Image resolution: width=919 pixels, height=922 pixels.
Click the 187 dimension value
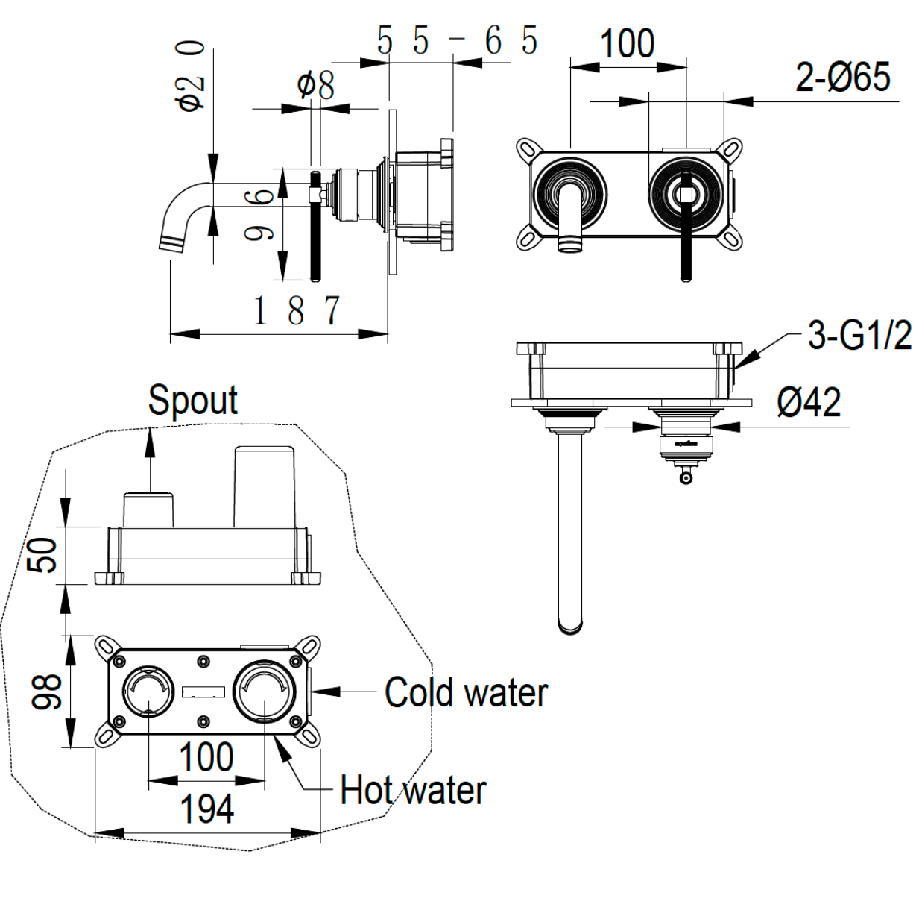pyautogui.click(x=296, y=310)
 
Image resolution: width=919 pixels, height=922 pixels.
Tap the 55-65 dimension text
pyautogui.click(x=457, y=40)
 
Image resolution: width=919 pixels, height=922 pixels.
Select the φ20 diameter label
pyautogui.click(x=190, y=75)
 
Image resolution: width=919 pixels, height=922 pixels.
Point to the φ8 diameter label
pyautogui.click(x=316, y=85)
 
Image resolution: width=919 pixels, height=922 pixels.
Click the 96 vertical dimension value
pyautogui.click(x=259, y=215)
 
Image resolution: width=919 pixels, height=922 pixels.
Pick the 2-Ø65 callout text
pyautogui.click(x=842, y=77)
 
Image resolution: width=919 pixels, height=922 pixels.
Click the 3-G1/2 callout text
pyautogui.click(x=859, y=336)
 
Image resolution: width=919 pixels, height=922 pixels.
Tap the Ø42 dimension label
pyautogui.click(x=809, y=403)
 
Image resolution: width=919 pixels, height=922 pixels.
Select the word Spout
pyautogui.click(x=193, y=401)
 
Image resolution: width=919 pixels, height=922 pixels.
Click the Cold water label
pyautogui.click(x=466, y=693)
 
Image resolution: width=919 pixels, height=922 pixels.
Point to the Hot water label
pyautogui.click(x=413, y=791)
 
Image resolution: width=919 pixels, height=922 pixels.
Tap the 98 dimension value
pyautogui.click(x=46, y=690)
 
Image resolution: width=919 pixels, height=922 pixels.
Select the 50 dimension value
pyautogui.click(x=42, y=555)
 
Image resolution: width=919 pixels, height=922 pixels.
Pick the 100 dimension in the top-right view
pyautogui.click(x=627, y=43)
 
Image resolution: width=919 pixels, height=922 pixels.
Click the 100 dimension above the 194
pyautogui.click(x=206, y=757)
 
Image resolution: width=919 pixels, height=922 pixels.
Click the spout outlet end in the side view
pyautogui.click(x=171, y=245)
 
